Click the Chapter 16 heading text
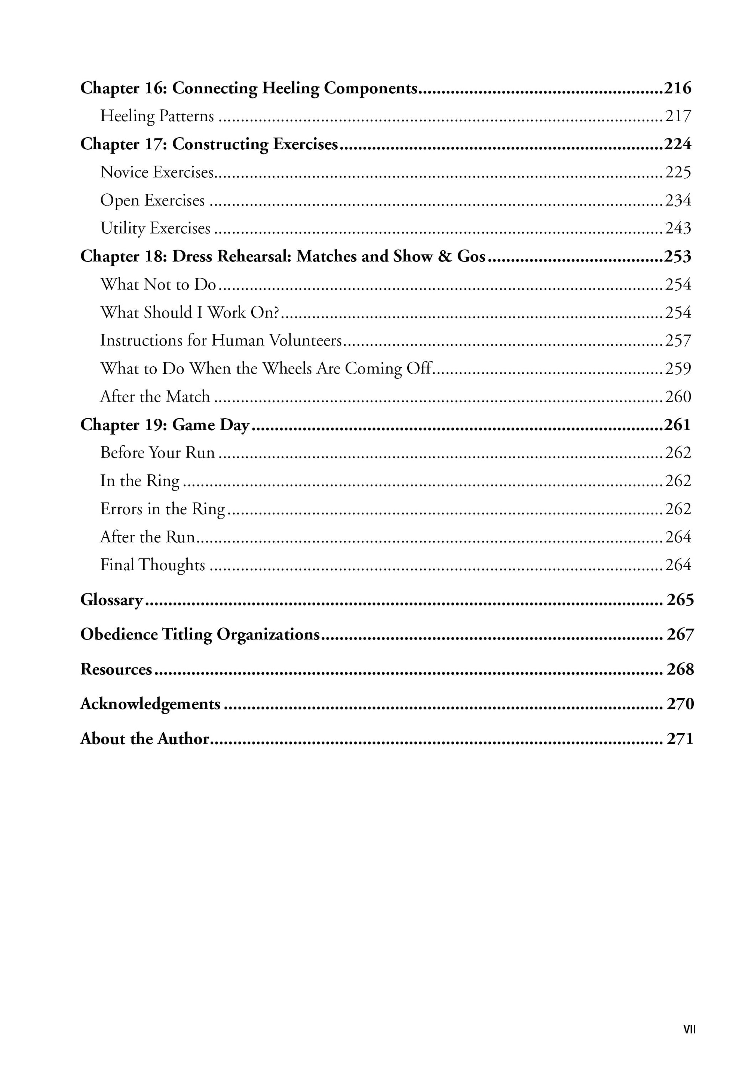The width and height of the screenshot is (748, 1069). [249, 88]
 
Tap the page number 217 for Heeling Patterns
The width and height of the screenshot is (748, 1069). [678, 116]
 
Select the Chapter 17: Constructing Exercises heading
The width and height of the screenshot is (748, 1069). [209, 144]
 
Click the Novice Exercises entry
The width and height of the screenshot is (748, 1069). [157, 172]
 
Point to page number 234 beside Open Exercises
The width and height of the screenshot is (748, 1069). [678, 200]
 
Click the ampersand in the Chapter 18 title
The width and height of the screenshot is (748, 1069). [445, 257]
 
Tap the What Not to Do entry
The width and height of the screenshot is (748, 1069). [158, 284]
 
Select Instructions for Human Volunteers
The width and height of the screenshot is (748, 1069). [221, 340]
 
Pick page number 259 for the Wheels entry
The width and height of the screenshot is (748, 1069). [678, 369]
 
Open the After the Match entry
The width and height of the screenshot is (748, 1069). [155, 397]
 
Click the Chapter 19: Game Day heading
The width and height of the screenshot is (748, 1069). [165, 425]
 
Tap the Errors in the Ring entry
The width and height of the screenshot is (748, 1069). [162, 509]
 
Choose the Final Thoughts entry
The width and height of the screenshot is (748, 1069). [153, 565]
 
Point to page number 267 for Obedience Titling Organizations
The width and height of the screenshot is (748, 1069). [680, 635]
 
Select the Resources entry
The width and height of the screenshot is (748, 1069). [116, 669]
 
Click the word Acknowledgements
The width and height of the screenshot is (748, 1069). [150, 703]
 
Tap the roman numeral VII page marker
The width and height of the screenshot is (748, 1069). [689, 1029]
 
